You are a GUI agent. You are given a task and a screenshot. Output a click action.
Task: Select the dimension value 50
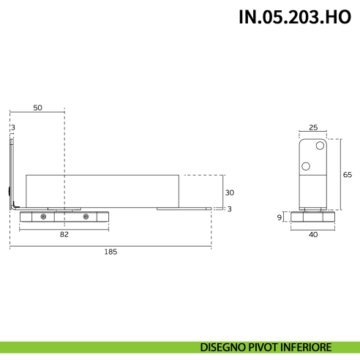tap(37, 107)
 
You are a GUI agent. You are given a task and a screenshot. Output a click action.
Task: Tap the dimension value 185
tap(110, 251)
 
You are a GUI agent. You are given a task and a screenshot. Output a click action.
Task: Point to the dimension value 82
tap(64, 234)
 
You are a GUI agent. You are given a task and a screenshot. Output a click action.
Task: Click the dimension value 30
tap(229, 192)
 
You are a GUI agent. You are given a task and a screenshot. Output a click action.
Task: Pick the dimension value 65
tap(348, 174)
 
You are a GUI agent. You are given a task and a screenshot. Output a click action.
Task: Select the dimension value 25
tap(313, 127)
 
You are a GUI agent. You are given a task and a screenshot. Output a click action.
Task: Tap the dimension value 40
tap(313, 234)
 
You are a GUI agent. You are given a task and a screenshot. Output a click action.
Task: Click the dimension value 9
tap(280, 217)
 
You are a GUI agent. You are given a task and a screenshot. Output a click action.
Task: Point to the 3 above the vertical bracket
tap(12, 127)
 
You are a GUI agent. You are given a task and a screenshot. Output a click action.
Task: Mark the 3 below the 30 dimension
tap(229, 210)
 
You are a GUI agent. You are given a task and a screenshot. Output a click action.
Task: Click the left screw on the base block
tap(44, 217)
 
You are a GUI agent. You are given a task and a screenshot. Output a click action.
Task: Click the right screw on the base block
tap(86, 217)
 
